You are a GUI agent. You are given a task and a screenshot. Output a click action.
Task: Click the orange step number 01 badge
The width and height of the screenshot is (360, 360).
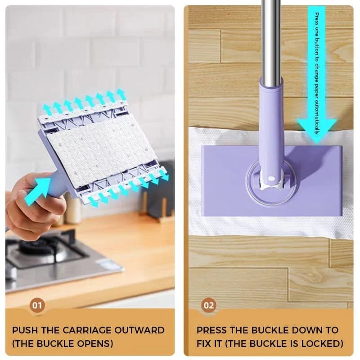[x=37, y=306]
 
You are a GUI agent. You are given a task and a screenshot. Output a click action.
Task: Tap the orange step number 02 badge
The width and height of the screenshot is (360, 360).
[x=209, y=306]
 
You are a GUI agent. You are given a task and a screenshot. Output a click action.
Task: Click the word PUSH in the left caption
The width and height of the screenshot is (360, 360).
[x=27, y=330]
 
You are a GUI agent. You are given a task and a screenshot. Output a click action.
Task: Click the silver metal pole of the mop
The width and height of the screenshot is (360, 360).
[x=272, y=40]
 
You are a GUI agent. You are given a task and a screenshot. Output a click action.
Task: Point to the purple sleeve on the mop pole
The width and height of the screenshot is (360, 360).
[x=271, y=121]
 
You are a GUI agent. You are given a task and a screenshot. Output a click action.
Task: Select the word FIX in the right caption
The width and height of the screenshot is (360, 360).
[x=204, y=344]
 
